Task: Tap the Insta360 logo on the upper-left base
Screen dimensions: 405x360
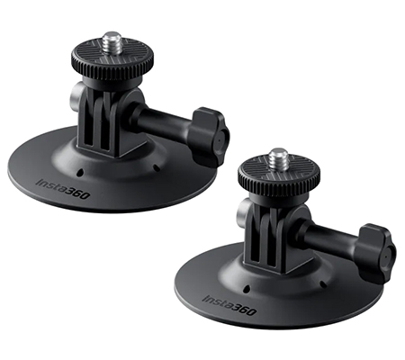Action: (63, 189)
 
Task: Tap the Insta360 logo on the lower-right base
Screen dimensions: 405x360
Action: (229, 305)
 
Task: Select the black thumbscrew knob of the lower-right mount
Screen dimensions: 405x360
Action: (376, 254)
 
